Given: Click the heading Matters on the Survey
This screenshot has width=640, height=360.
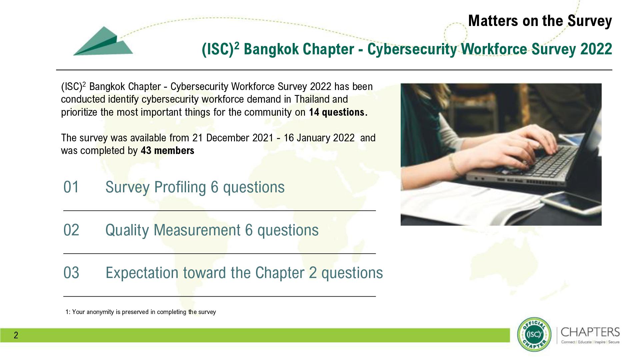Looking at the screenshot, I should [540, 21].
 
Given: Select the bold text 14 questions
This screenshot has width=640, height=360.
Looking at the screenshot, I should [338, 112].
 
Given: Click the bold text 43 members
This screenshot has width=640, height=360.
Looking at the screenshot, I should [167, 151].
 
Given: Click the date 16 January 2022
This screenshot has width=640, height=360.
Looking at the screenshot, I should [319, 138].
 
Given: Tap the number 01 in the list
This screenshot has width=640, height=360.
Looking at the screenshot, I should [71, 187].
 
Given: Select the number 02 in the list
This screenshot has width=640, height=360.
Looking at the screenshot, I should [71, 230].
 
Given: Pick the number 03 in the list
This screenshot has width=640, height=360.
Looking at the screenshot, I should [71, 273].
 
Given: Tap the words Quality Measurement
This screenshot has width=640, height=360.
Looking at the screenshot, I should [173, 230].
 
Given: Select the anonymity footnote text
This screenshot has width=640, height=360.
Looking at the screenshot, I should [141, 312].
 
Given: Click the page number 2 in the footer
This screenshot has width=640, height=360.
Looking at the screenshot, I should [16, 335].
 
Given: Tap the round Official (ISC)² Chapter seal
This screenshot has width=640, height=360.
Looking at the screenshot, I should [534, 334].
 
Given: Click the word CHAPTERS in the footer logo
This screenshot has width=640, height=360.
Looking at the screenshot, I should [590, 332].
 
